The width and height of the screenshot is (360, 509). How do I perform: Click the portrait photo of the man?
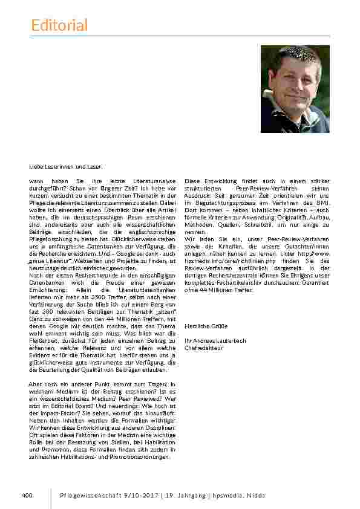295,89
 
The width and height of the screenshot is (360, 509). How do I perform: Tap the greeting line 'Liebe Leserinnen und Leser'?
66,166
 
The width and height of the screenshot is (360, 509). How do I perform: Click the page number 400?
26,496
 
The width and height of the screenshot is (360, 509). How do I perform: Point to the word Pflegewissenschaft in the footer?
85,496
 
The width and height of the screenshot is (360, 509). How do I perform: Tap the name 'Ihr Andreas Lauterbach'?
215,340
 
